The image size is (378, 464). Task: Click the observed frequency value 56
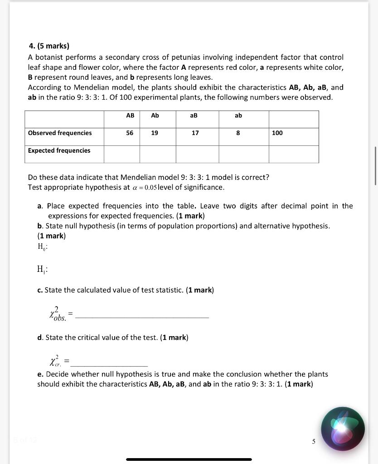(x=130, y=133)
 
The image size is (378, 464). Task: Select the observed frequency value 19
(x=155, y=133)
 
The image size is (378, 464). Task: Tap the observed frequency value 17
(x=195, y=133)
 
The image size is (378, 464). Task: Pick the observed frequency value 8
(x=238, y=133)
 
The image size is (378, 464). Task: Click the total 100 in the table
(x=277, y=133)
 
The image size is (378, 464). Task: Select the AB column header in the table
(x=130, y=116)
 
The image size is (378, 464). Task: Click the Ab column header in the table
(x=155, y=116)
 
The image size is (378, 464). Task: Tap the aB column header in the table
(x=194, y=116)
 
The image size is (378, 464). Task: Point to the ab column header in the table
(x=238, y=116)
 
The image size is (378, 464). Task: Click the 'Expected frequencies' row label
(x=59, y=150)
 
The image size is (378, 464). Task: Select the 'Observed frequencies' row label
(x=60, y=133)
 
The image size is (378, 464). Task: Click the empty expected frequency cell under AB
(x=121, y=154)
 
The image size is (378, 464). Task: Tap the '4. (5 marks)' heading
(x=49, y=46)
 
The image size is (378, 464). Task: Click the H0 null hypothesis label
(x=43, y=247)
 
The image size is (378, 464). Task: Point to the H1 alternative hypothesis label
(x=43, y=270)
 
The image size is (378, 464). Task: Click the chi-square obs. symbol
(x=58, y=314)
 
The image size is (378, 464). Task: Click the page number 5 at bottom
(x=313, y=441)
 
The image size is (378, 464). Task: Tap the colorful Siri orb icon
(x=343, y=429)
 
